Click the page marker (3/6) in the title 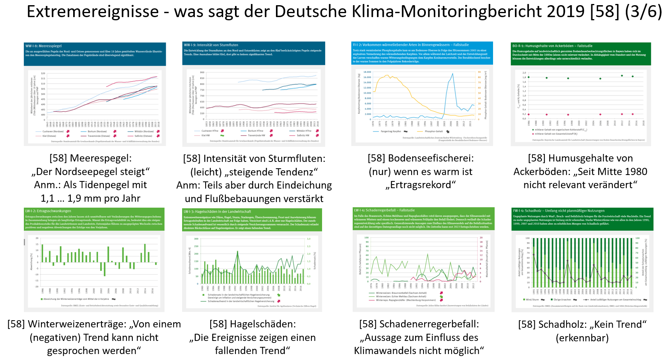tap(643, 12)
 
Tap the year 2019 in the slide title tap(566, 12)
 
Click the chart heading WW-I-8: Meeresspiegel tap(44, 46)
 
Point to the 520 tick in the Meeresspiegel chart tap(43, 74)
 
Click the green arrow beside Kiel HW tap(222, 136)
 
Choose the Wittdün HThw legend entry tap(304, 131)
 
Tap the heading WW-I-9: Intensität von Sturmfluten tap(211, 45)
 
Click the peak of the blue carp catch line tap(452, 74)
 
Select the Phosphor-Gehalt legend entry tap(433, 131)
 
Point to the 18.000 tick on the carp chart tap(367, 72)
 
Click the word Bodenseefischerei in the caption tap(431, 158)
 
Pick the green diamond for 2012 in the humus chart tap(622, 76)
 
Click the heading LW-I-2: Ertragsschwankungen tap(48, 211)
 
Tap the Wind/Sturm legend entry tap(532, 300)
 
